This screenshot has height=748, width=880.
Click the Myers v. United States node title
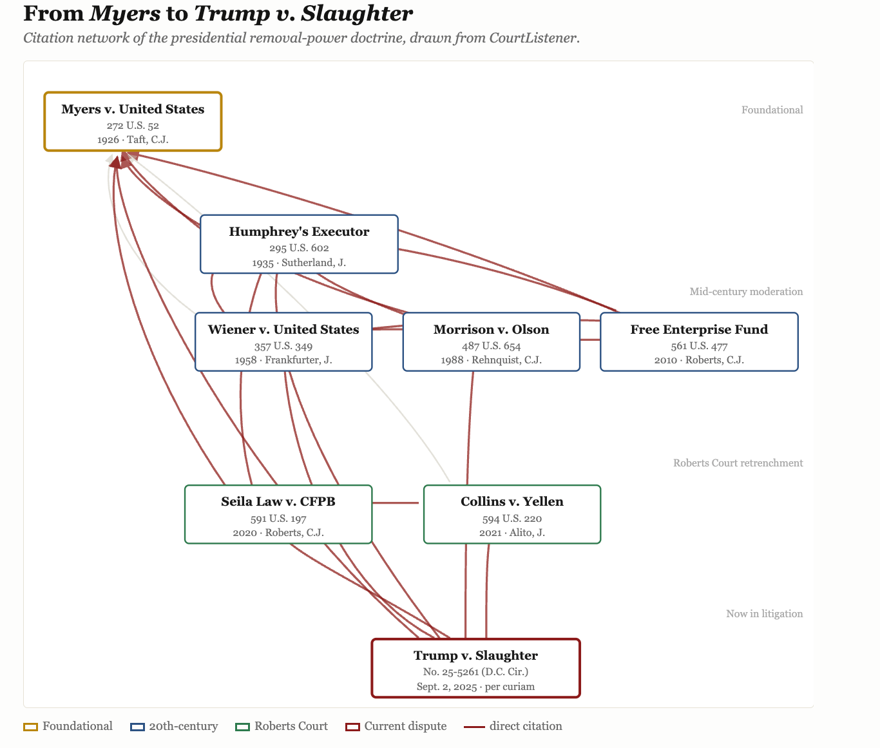[x=133, y=109]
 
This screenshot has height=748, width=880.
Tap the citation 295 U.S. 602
[x=299, y=248]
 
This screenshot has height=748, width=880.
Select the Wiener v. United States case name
[x=283, y=329]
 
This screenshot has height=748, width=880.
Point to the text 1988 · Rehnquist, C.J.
[x=492, y=360]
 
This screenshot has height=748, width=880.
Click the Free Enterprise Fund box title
[x=699, y=329]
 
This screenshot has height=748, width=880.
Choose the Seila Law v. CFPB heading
[x=278, y=501]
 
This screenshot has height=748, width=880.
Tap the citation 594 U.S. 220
[x=512, y=518]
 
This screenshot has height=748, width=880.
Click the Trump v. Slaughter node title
[x=475, y=655]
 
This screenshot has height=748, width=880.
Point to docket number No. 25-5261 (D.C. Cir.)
[x=475, y=671]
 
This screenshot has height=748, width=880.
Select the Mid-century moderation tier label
[x=746, y=292]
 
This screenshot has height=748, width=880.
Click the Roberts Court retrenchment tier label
[x=738, y=463]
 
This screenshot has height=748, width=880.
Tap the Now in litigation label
[x=764, y=613]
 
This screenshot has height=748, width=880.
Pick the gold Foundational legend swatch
[x=31, y=727]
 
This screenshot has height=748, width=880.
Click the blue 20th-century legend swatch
[x=137, y=727]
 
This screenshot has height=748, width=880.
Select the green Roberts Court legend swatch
[x=242, y=727]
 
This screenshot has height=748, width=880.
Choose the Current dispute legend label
[x=405, y=726]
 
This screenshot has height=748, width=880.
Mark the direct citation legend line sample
[x=474, y=727]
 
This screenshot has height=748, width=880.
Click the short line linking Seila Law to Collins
[x=396, y=503]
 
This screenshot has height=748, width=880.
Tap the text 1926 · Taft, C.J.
[x=133, y=140]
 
